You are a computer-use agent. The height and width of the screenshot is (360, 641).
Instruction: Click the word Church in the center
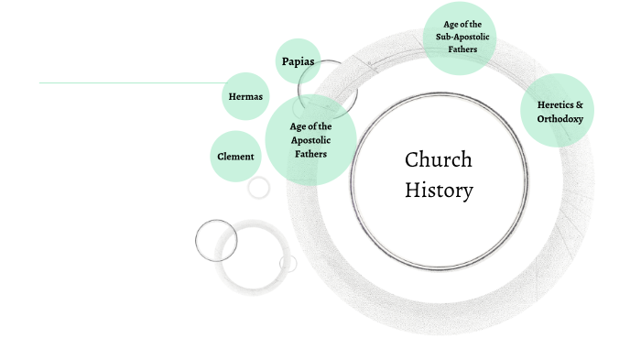(439, 160)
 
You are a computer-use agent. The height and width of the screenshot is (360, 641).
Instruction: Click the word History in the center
(440, 191)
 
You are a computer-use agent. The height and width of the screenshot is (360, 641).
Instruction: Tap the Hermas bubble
(244, 96)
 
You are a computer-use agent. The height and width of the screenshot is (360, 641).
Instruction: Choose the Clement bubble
(235, 156)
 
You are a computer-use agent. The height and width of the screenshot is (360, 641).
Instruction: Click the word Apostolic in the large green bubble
(310, 140)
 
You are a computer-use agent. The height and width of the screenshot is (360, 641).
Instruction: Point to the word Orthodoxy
(560, 119)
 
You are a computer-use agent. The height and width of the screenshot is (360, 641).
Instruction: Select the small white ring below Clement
(259, 188)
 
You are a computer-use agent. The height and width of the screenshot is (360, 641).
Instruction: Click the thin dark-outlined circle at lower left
(216, 241)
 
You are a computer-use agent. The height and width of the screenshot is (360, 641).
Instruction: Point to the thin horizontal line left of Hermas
(128, 83)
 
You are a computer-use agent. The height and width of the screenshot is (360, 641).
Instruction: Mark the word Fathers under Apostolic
(310, 154)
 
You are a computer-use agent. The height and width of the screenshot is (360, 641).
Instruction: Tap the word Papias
(297, 62)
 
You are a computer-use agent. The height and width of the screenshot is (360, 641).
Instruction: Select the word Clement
(235, 156)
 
